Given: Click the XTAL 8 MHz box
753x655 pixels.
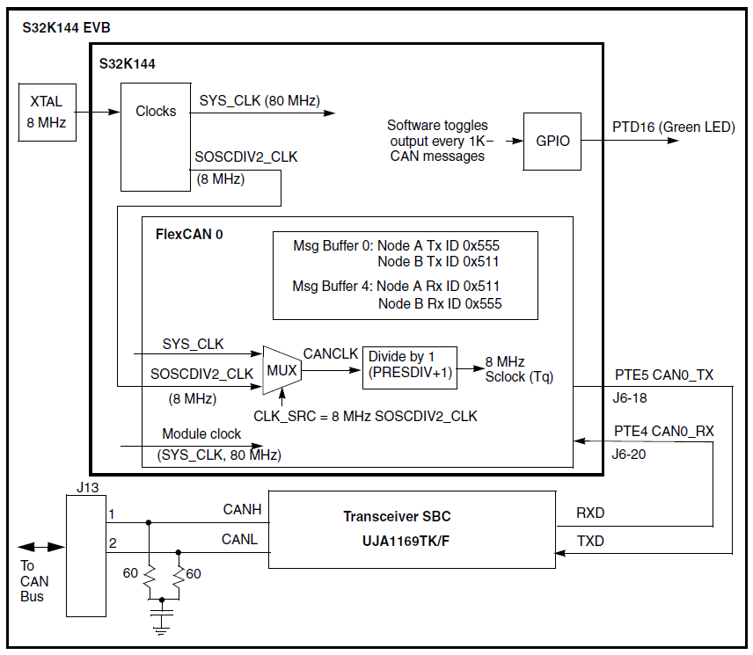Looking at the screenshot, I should (47, 112).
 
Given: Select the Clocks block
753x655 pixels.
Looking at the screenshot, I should (156, 136).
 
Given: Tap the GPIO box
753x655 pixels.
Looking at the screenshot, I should (552, 141).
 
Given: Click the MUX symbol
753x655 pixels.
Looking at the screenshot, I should (282, 370).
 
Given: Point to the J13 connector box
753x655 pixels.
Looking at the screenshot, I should (86, 554).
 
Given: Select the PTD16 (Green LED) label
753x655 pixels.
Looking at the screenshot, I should (673, 127).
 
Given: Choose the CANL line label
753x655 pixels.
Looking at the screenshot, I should (240, 539).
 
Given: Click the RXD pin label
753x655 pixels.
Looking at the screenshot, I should (590, 513).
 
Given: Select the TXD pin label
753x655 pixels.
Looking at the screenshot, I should (590, 541).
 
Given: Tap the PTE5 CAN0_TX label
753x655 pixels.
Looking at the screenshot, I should (664, 375).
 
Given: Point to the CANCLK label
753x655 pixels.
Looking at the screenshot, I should (331, 353).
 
